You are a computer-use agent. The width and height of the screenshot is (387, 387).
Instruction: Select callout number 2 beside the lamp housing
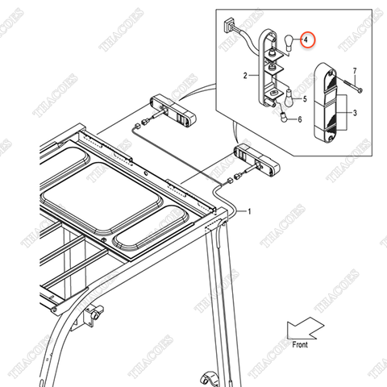[243, 77]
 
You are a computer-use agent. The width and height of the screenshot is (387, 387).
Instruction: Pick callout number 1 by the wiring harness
[249, 211]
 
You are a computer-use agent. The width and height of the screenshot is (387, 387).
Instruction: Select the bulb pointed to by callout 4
[284, 44]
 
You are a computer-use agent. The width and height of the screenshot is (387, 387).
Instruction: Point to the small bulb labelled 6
[284, 118]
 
